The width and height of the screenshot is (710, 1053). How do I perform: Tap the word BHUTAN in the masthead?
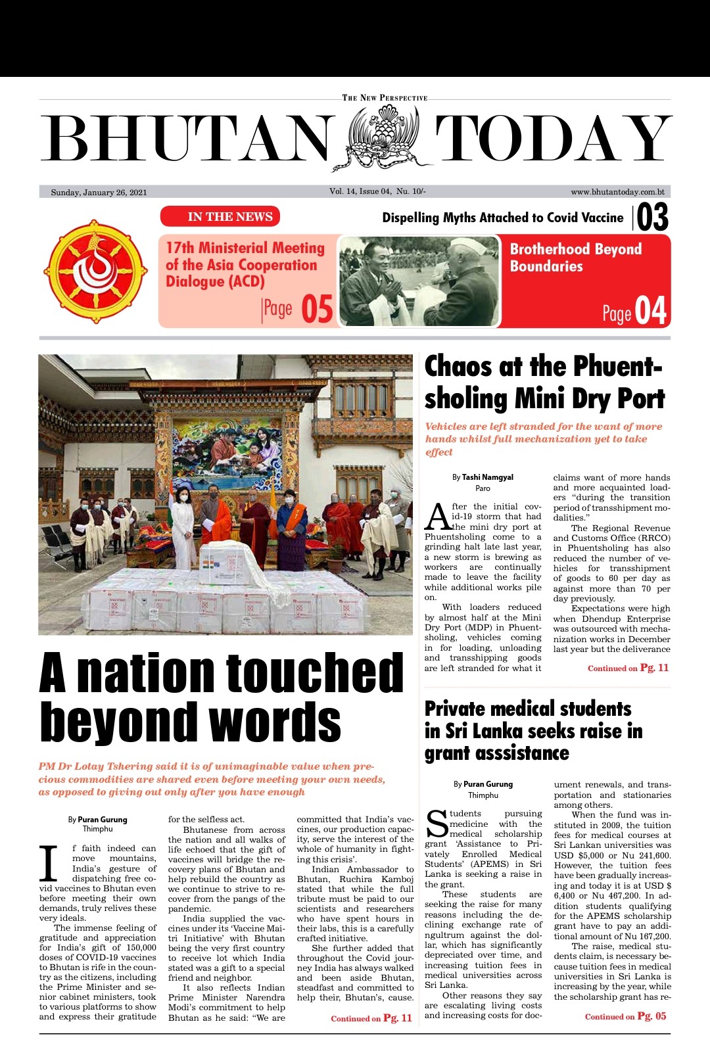[x=187, y=139]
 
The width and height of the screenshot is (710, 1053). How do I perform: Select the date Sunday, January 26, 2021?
[x=99, y=193]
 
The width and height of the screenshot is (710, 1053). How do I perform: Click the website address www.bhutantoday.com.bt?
[x=617, y=192]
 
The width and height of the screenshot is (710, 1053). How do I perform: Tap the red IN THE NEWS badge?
[x=220, y=217]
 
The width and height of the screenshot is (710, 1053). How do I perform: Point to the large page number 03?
[x=652, y=218]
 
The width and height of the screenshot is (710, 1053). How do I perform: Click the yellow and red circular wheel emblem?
[x=96, y=271]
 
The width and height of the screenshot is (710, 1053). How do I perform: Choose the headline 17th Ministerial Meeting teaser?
[x=245, y=265]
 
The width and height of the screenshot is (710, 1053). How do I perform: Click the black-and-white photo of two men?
[x=419, y=281]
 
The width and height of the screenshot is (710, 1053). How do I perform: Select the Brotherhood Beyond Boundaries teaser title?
[x=575, y=258]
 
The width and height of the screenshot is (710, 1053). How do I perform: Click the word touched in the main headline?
[x=314, y=672]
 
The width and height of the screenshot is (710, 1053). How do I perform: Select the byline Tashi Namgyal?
[x=487, y=477]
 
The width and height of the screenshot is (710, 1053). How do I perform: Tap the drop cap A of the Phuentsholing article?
[x=437, y=517]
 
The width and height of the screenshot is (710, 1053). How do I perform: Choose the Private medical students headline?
[x=533, y=731]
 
